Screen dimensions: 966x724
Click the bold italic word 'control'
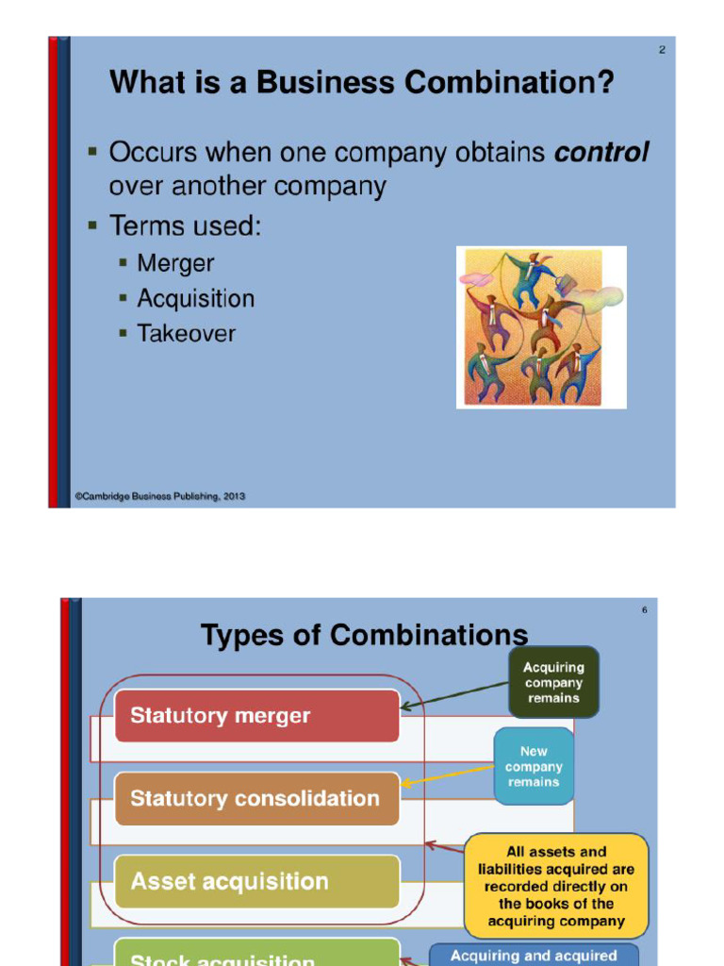point(601,153)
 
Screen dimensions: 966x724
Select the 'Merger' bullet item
point(175,264)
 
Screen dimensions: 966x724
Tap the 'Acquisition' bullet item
point(195,299)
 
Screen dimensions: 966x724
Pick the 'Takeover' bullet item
point(186,334)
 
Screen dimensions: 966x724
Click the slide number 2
point(662,50)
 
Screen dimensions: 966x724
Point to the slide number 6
point(645,610)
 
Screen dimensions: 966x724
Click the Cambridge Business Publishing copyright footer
point(160,496)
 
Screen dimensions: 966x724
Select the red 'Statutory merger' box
point(256,716)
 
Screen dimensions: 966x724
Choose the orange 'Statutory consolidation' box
point(256,799)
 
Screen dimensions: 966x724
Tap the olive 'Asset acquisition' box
point(256,882)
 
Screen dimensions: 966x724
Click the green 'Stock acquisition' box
point(256,955)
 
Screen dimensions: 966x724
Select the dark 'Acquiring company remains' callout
point(553,683)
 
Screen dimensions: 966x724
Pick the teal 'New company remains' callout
point(534,766)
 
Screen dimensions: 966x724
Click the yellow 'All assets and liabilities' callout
point(556,887)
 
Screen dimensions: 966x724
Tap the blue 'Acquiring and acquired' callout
point(534,955)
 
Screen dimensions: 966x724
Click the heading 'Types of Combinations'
point(364,636)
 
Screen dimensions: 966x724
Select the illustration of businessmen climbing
point(541,327)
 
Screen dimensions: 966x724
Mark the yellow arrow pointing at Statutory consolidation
point(448,777)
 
